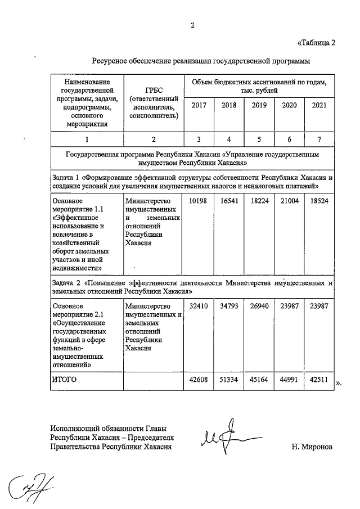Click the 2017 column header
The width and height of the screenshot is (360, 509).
(199, 105)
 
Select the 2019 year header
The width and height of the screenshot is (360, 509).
(259, 105)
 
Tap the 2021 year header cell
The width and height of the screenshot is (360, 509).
(319, 105)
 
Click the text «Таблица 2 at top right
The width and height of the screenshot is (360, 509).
(316, 43)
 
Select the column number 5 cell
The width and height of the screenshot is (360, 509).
(259, 139)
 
